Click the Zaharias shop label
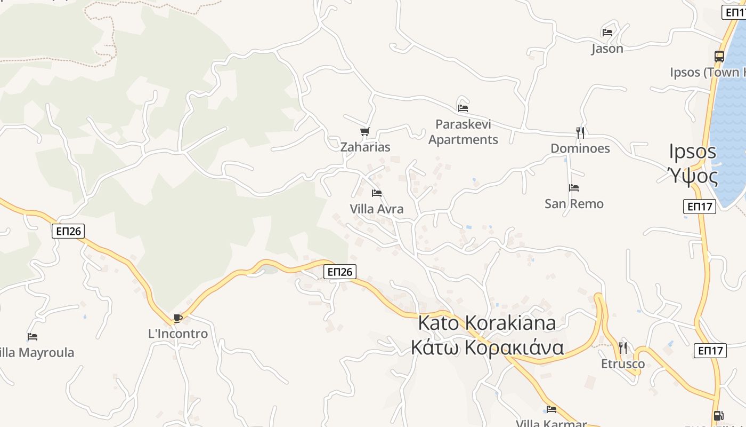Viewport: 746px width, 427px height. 366,147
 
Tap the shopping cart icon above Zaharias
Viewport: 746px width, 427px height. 365,131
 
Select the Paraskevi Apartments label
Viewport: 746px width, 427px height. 463,132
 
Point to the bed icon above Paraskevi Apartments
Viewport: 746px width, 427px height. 463,108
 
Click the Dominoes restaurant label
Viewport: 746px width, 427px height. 580,148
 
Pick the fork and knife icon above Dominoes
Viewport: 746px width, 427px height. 580,132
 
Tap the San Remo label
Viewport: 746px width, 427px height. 574,204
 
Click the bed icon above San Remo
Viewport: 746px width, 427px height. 574,188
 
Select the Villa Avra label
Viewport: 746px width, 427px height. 377,209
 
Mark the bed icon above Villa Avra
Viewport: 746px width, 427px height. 377,193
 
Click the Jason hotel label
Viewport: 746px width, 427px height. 607,49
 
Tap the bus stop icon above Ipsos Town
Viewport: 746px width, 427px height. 719,57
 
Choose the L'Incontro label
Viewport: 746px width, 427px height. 178,334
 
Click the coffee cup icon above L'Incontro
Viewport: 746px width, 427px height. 178,319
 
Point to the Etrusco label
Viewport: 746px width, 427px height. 623,364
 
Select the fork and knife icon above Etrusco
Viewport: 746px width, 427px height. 623,348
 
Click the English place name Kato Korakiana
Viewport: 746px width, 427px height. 487,323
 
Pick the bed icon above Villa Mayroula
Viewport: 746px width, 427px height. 33,337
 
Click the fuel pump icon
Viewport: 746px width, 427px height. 718,416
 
